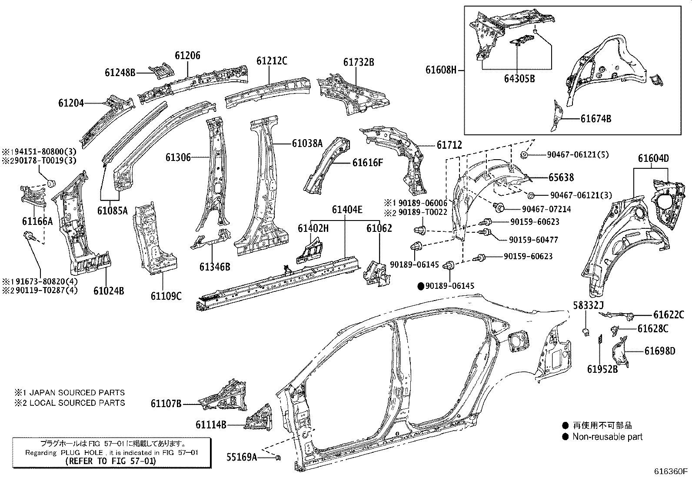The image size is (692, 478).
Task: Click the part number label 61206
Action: (188, 56)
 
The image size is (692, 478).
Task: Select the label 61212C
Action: (272, 61)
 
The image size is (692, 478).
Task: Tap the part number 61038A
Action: (307, 143)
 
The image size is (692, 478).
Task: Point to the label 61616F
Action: (368, 163)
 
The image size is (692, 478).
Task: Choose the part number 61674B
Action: (596, 118)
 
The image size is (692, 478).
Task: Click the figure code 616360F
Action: (671, 471)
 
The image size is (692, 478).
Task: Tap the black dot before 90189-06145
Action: (421, 286)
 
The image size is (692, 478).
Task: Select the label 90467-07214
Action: (546, 209)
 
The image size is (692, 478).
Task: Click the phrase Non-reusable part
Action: (607, 437)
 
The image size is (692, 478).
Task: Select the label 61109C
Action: (166, 296)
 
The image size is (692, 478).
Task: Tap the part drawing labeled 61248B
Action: (161, 70)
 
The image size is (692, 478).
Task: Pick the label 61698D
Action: (660, 351)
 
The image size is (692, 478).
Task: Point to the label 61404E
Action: (347, 210)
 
